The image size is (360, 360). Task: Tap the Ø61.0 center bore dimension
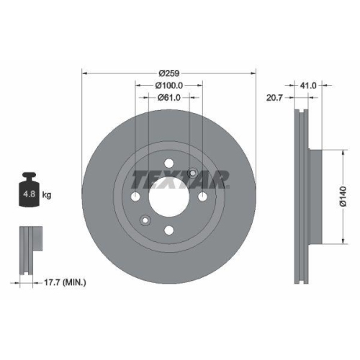pos(168,98)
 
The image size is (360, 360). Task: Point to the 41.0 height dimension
pos(309,85)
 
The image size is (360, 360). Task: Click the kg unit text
pos(48,194)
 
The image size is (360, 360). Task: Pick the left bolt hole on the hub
pos(135,197)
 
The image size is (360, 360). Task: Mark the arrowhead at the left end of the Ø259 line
pos(84,73)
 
